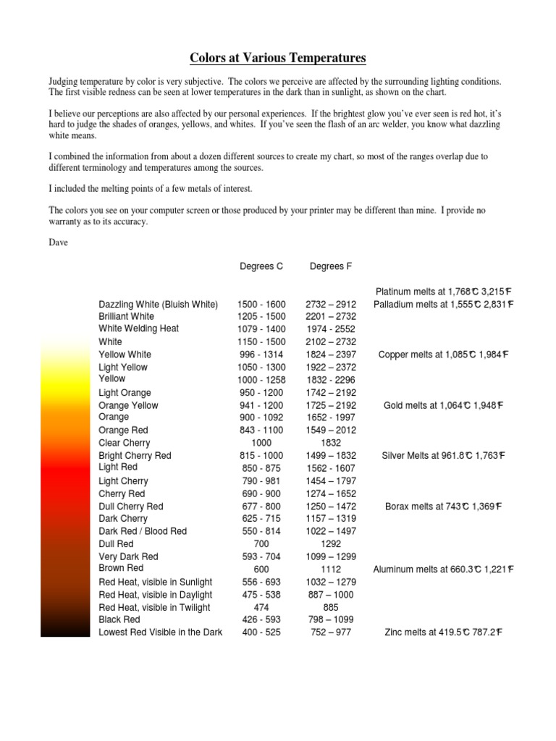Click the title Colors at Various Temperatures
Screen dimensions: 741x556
[x=278, y=58]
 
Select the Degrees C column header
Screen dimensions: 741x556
[x=261, y=266]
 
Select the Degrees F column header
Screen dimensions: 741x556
[x=331, y=266]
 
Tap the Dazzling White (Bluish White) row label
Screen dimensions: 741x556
[x=158, y=305]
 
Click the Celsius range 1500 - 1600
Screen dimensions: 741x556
[x=261, y=305]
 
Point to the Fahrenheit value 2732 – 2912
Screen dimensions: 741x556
[x=331, y=305]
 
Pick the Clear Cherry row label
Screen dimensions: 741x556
[x=125, y=443]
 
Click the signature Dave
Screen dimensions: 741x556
[x=59, y=242]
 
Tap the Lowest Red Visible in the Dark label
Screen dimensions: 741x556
[x=161, y=632]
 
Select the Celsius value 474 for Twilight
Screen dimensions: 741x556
[x=261, y=607]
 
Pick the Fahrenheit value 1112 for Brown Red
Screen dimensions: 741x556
[x=331, y=569]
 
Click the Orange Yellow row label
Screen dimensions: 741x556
[x=128, y=406]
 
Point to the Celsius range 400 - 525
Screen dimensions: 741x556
[x=261, y=632]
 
